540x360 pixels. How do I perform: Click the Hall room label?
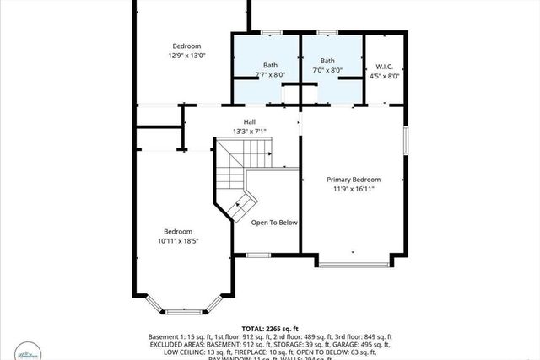coord(249,121)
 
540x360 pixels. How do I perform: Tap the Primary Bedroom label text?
coord(354,180)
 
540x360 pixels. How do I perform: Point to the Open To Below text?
coord(274,223)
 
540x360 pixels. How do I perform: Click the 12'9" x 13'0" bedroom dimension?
coord(186,56)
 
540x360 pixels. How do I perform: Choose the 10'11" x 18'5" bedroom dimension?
coord(178,241)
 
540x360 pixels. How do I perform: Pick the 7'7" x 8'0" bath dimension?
coord(270,74)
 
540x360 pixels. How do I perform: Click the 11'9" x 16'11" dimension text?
coord(354,189)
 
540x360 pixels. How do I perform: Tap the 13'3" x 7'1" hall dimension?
coord(249,132)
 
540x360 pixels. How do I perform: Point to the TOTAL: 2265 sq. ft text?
coord(269,328)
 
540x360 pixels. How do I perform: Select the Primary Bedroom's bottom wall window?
coord(354,265)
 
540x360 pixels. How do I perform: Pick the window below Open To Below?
coord(257,255)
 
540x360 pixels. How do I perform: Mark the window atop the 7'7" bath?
coord(269,33)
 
